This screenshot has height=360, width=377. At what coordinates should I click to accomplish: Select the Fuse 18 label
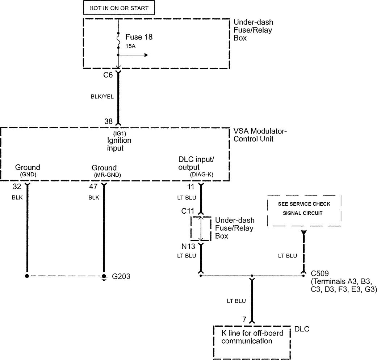139,37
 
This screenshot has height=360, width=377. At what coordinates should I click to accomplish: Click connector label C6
108,75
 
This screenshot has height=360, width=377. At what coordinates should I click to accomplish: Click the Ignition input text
119,144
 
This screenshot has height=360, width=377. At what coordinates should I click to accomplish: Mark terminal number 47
93,187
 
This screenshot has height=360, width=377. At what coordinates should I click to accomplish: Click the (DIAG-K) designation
201,175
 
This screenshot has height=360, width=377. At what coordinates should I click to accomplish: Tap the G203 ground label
121,276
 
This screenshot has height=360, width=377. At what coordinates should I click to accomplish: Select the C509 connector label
320,272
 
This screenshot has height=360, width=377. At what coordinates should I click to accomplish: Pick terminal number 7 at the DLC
244,319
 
